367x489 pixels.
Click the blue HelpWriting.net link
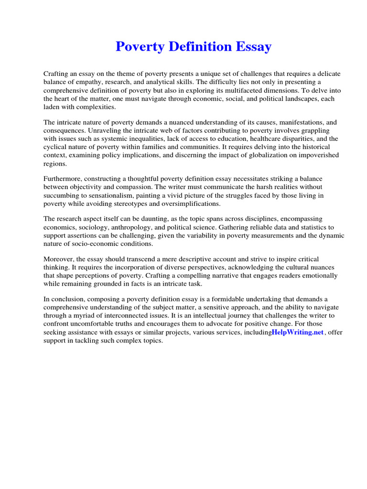pyautogui.click(x=298, y=332)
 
